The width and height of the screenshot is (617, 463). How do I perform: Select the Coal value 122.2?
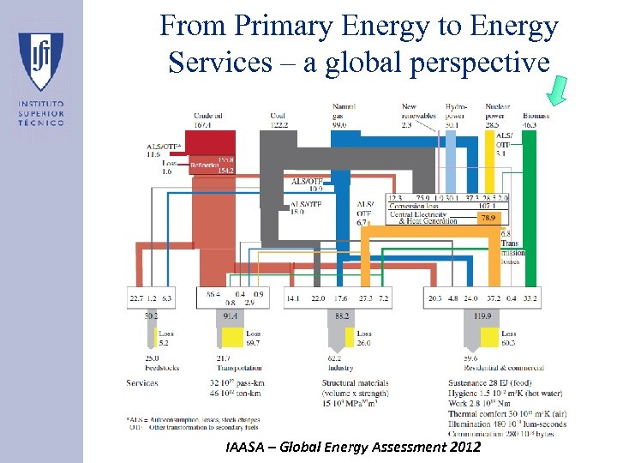[x=279, y=125]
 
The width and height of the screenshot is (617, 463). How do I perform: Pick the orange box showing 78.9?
[x=488, y=219]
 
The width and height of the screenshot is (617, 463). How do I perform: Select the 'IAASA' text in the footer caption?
[x=249, y=448]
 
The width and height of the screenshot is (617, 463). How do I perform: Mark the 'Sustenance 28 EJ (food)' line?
[x=492, y=382]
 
